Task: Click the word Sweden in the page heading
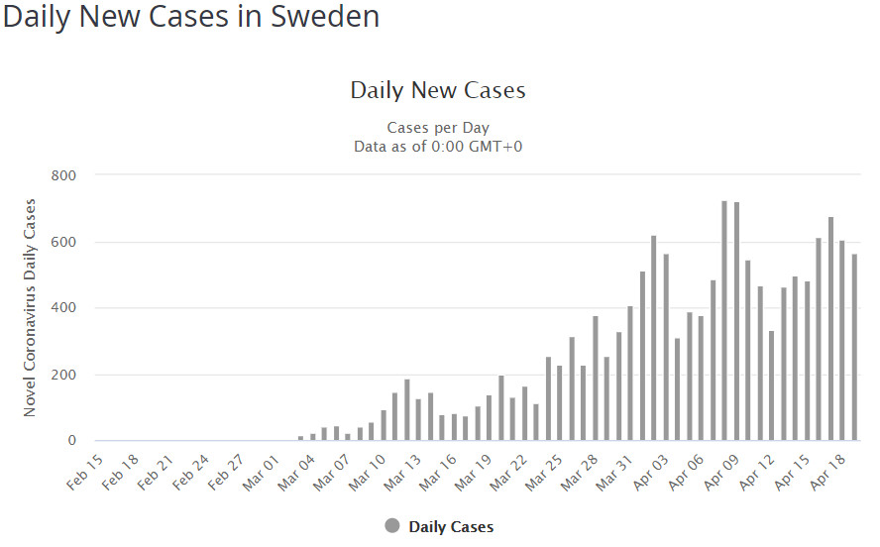(x=321, y=18)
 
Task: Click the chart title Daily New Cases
(x=438, y=91)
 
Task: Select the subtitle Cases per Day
(x=438, y=128)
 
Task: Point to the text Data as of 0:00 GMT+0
(x=438, y=146)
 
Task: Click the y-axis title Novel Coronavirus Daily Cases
(x=30, y=308)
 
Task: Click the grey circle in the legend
(x=392, y=526)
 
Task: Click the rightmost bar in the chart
(x=854, y=347)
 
